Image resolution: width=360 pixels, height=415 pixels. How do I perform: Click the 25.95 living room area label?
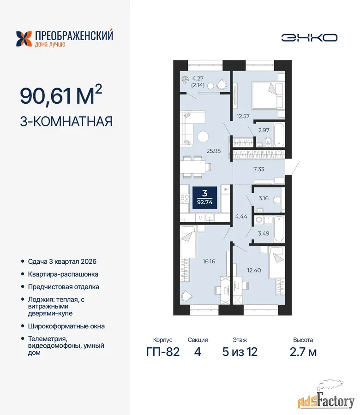(214, 151)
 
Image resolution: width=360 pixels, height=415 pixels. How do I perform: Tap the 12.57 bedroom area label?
(243, 116)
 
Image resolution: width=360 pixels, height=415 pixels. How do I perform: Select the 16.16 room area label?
(209, 261)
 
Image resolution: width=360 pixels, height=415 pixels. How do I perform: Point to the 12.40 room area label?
(254, 270)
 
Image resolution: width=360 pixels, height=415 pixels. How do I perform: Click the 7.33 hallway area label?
(259, 169)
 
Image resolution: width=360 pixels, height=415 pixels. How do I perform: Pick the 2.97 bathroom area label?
(264, 130)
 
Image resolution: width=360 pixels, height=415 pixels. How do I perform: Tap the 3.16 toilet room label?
(264, 198)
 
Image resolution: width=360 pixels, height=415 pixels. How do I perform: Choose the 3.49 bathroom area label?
(264, 233)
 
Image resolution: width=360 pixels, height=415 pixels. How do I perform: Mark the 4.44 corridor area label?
(241, 217)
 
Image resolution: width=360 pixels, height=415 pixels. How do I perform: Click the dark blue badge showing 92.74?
(205, 197)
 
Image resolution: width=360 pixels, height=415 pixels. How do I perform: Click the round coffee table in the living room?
(203, 137)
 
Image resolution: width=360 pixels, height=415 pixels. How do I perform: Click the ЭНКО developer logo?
(309, 38)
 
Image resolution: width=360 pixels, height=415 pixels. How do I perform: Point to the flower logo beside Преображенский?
(24, 39)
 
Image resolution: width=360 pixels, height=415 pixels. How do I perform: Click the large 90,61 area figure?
(46, 95)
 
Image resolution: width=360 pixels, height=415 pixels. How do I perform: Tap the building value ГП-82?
(163, 352)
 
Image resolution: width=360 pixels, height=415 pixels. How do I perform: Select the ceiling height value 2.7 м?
(303, 352)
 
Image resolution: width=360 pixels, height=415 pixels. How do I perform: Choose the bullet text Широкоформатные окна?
(66, 326)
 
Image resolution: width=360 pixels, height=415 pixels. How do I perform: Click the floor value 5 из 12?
(240, 352)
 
